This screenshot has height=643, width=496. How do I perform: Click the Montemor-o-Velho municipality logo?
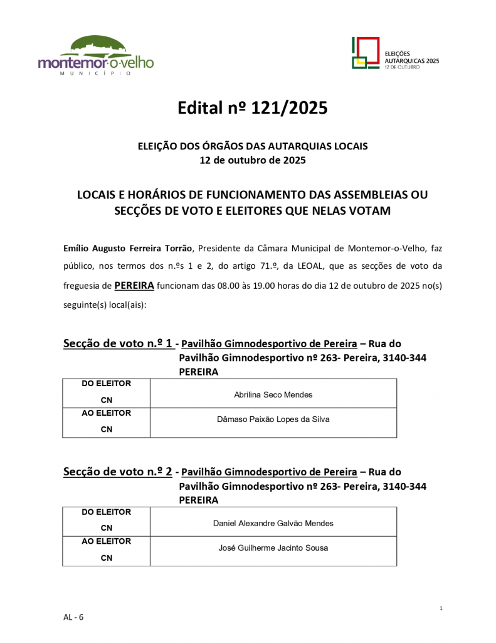pos(95,56)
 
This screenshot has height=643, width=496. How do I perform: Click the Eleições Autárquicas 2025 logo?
pos(395,53)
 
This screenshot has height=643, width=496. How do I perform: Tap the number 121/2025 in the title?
pos(289,109)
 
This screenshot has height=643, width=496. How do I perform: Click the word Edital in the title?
pos(199,109)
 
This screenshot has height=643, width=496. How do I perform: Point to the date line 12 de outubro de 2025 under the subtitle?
pos(252,160)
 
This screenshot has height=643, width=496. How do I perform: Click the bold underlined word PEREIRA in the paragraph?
pos(134,285)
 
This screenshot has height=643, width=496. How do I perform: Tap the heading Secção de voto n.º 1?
pos(118,343)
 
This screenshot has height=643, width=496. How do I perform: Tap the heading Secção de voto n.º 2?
pos(118,472)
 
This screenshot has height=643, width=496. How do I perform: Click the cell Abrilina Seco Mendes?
pos(273,394)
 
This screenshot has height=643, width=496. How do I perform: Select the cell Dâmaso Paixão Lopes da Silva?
pos(273,419)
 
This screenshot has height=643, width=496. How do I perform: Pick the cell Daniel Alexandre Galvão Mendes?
pos(273,523)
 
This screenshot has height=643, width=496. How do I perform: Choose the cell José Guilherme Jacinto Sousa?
pos(273,548)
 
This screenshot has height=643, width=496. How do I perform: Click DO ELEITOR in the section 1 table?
pos(107,384)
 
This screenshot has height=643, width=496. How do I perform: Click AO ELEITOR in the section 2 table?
pos(107,541)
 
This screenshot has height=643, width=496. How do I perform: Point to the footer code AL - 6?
pos(73,617)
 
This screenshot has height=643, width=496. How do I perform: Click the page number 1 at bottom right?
pos(441,608)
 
